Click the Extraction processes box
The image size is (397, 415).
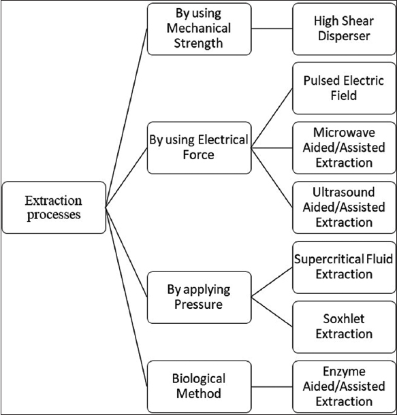[x=54, y=207]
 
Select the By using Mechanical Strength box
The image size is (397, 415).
[x=199, y=29]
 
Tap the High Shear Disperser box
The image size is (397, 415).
[x=344, y=29]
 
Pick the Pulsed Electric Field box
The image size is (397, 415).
[x=344, y=88]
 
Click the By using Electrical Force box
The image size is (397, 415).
[x=199, y=148]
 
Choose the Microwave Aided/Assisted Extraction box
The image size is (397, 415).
[x=344, y=148]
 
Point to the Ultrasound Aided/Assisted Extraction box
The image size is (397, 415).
[x=344, y=207]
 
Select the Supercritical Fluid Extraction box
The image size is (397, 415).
[x=344, y=267]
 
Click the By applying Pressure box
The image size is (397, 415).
[x=199, y=297]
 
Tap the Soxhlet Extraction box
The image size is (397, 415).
[x=344, y=327]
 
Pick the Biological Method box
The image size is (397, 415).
[x=199, y=386]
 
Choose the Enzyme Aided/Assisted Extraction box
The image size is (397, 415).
[x=344, y=386]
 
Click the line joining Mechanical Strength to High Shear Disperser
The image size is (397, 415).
[x=272, y=29]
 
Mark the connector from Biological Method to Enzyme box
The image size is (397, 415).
[x=272, y=386]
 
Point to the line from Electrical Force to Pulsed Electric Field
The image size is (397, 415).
[x=272, y=118]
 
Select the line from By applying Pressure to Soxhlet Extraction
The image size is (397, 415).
[x=272, y=312]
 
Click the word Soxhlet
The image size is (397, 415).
[x=344, y=319]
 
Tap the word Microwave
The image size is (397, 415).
[x=344, y=133]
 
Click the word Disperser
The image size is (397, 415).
[x=344, y=37]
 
